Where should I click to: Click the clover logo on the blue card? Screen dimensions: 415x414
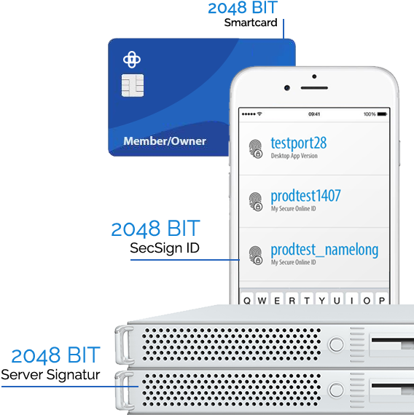pos(131,59)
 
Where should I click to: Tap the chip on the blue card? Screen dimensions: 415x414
pos(131,87)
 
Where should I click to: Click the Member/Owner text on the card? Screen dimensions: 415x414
pos(165,141)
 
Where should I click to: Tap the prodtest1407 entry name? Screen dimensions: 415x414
pos(305,196)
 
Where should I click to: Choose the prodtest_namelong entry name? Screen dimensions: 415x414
pos(324,250)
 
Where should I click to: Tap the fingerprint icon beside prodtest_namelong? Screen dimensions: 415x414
pos(256,254)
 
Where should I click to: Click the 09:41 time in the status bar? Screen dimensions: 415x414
pos(314,114)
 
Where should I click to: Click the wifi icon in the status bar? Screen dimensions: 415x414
pos(259,114)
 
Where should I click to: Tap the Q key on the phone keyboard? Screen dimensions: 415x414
pos(249,300)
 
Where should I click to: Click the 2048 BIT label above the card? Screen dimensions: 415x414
pos(243,9)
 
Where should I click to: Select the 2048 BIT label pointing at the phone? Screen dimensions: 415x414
pos(155,229)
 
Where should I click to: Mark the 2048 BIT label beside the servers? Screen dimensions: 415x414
pos(55,356)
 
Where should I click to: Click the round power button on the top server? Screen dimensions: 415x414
pos(336,344)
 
